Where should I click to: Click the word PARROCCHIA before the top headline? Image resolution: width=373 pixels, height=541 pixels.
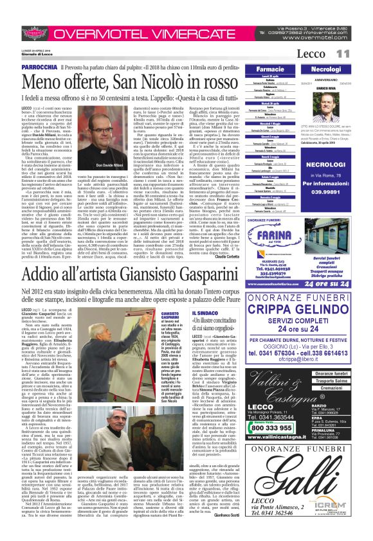coord(37,66)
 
